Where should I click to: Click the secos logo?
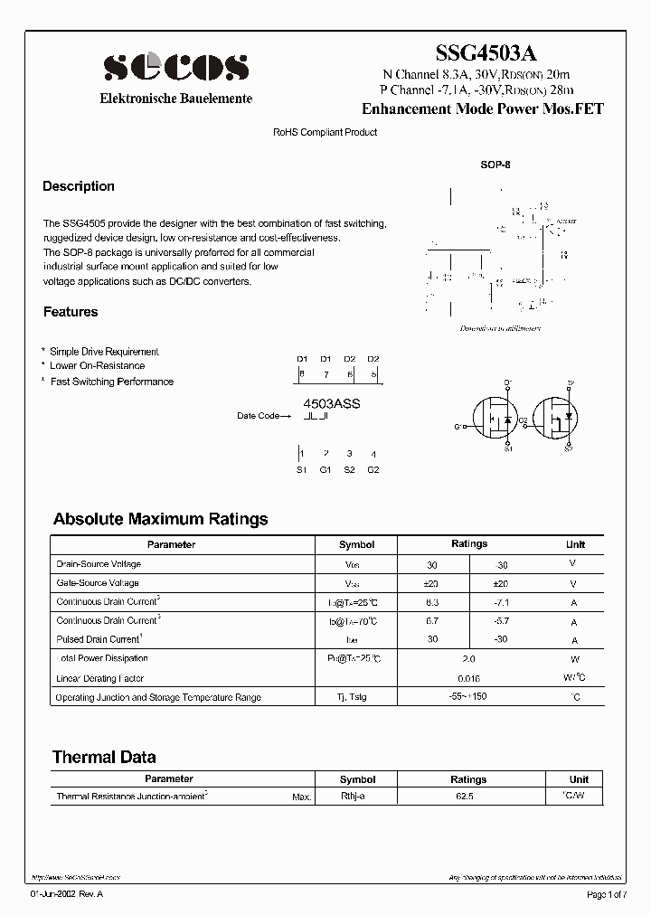coord(175,67)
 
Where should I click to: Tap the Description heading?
coord(79,186)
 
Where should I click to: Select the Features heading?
coord(71,312)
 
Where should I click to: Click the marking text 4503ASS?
coord(331,403)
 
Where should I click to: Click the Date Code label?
coord(259,416)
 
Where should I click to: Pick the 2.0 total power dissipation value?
coord(468,659)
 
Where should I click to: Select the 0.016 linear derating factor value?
coord(468,678)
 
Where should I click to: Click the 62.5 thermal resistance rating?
coord(468,797)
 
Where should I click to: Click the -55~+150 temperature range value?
coord(468,697)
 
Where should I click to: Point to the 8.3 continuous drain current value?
coord(432,602)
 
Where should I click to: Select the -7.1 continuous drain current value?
coord(504,602)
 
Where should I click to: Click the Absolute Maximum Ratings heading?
coord(160,519)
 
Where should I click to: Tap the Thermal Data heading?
coord(104,758)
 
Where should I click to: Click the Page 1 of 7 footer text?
coord(611,894)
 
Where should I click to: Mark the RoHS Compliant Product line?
coord(325,132)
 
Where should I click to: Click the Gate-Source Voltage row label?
coord(98,583)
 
